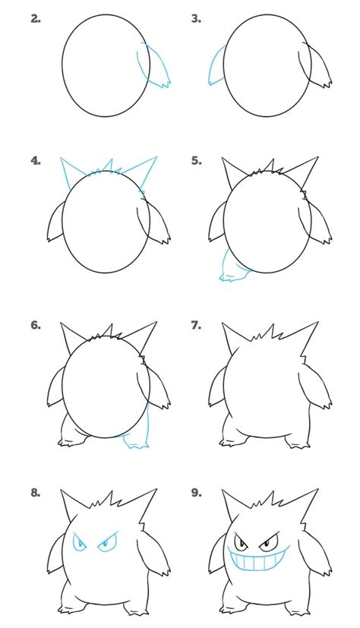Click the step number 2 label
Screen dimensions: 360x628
[x=36, y=19]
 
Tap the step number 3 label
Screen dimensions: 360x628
[x=196, y=19]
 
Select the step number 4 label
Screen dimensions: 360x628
[x=36, y=160]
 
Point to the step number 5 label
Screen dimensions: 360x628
[x=196, y=160]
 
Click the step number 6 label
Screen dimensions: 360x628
[x=36, y=325]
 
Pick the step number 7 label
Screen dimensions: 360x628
[x=196, y=325]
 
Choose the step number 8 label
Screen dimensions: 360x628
[x=36, y=493]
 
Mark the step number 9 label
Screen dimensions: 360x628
[x=196, y=493]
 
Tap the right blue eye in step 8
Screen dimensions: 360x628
[x=107, y=542]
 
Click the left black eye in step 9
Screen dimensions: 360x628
[x=241, y=541]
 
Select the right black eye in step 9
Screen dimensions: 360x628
[x=268, y=542]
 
